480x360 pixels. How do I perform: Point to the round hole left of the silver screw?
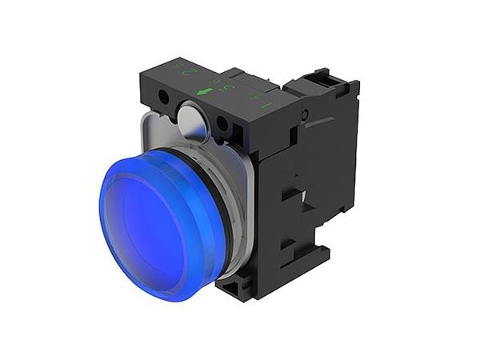point(164,97)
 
